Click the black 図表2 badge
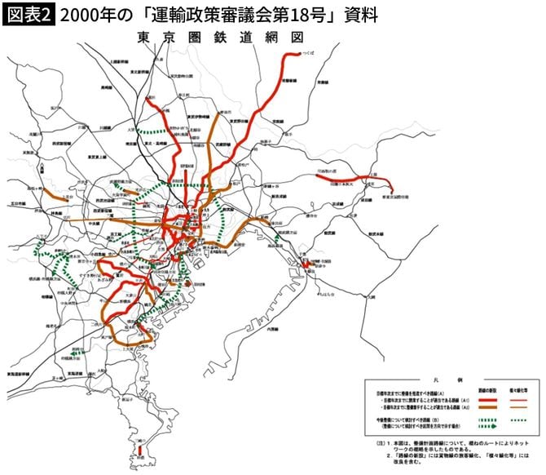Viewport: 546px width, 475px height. (x=28, y=15)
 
